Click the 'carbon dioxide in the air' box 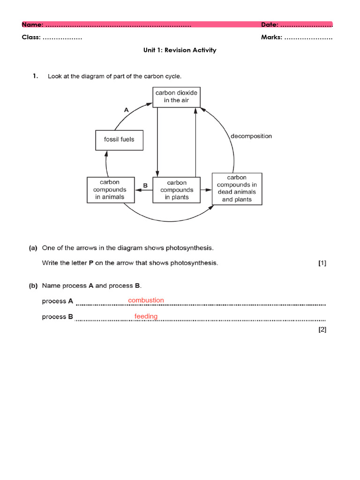177,96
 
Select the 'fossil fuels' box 119,139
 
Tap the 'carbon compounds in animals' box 110,189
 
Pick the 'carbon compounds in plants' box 177,190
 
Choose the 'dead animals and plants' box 237,188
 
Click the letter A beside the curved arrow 126,110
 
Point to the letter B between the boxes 145,186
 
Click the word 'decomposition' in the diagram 251,136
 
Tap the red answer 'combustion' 146,300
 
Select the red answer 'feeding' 146,316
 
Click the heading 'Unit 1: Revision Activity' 180,50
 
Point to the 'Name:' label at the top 32,24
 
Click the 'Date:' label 270,24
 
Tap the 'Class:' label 31,37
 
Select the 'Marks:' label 271,37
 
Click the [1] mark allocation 322,263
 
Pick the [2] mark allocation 322,330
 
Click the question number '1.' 35,76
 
